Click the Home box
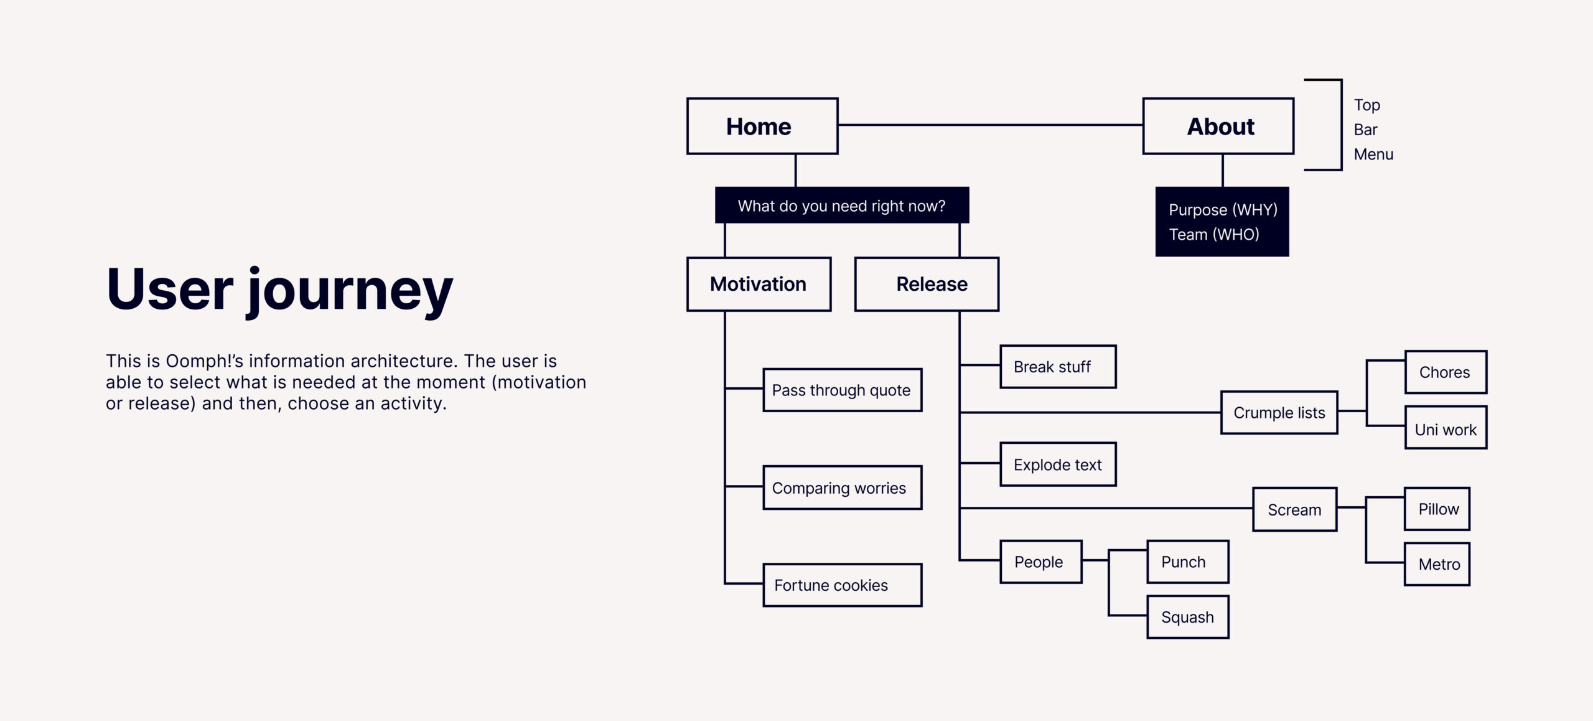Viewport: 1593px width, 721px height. (x=762, y=126)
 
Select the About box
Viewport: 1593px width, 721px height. (x=1218, y=126)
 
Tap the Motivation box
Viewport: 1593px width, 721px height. (x=759, y=284)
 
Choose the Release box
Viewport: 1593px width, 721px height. (x=927, y=284)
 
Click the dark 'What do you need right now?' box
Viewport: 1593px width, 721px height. (x=842, y=205)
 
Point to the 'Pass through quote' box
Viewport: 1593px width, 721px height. (x=843, y=390)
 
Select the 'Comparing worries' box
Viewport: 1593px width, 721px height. (x=843, y=488)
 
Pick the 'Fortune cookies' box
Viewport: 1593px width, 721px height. (x=843, y=585)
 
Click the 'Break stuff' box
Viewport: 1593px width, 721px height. (x=1058, y=367)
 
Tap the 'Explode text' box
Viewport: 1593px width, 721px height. (x=1058, y=464)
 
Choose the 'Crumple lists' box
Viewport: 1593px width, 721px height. (x=1279, y=412)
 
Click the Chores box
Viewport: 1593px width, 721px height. (x=1446, y=372)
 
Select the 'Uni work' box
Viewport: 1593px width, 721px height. (x=1446, y=427)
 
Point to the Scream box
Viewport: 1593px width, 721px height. (x=1294, y=509)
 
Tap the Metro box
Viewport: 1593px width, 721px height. (x=1437, y=564)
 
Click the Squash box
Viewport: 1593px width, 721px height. (x=1188, y=617)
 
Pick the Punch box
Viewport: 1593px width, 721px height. (x=1188, y=562)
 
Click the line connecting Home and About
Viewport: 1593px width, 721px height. (x=991, y=125)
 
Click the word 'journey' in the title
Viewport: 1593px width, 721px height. (x=350, y=291)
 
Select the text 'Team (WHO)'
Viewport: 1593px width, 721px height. (x=1213, y=235)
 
